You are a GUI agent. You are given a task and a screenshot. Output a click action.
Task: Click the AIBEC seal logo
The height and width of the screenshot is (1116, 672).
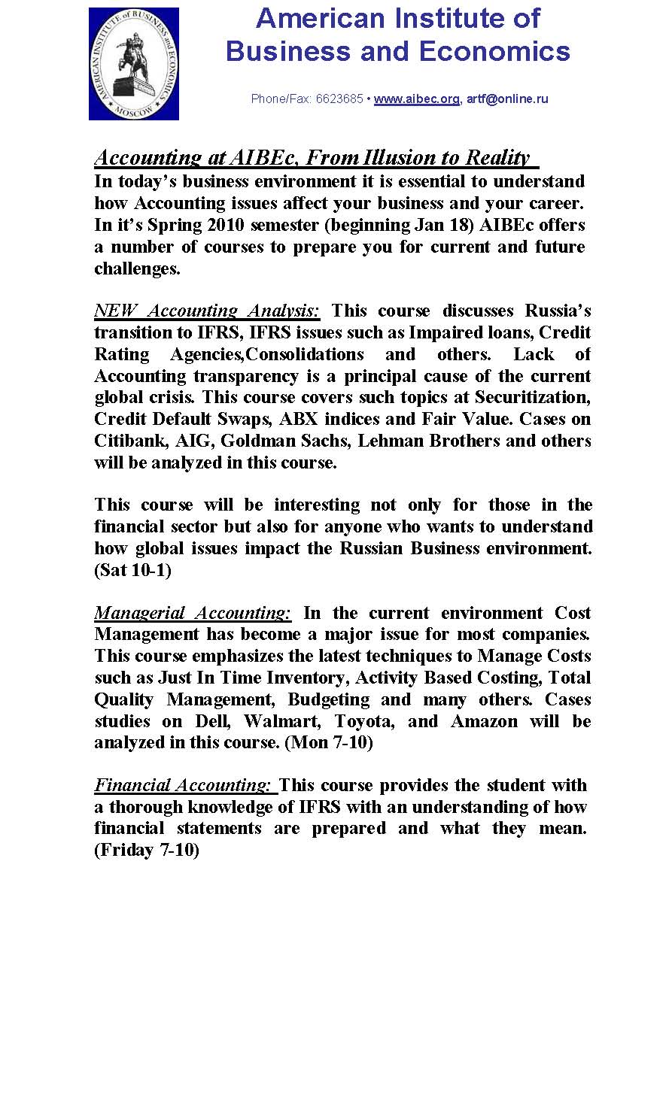[134, 64]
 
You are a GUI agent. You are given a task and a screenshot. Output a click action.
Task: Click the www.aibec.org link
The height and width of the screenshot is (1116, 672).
[416, 99]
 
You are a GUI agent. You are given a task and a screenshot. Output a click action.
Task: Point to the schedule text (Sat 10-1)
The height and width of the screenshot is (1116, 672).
[133, 571]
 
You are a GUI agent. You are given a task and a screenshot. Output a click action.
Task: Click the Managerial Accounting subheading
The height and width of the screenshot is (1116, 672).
[193, 614]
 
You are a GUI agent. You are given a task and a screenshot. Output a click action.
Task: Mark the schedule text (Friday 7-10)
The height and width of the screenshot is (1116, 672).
[147, 851]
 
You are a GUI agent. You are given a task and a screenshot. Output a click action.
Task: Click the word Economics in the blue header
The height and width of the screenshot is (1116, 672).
[494, 51]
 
